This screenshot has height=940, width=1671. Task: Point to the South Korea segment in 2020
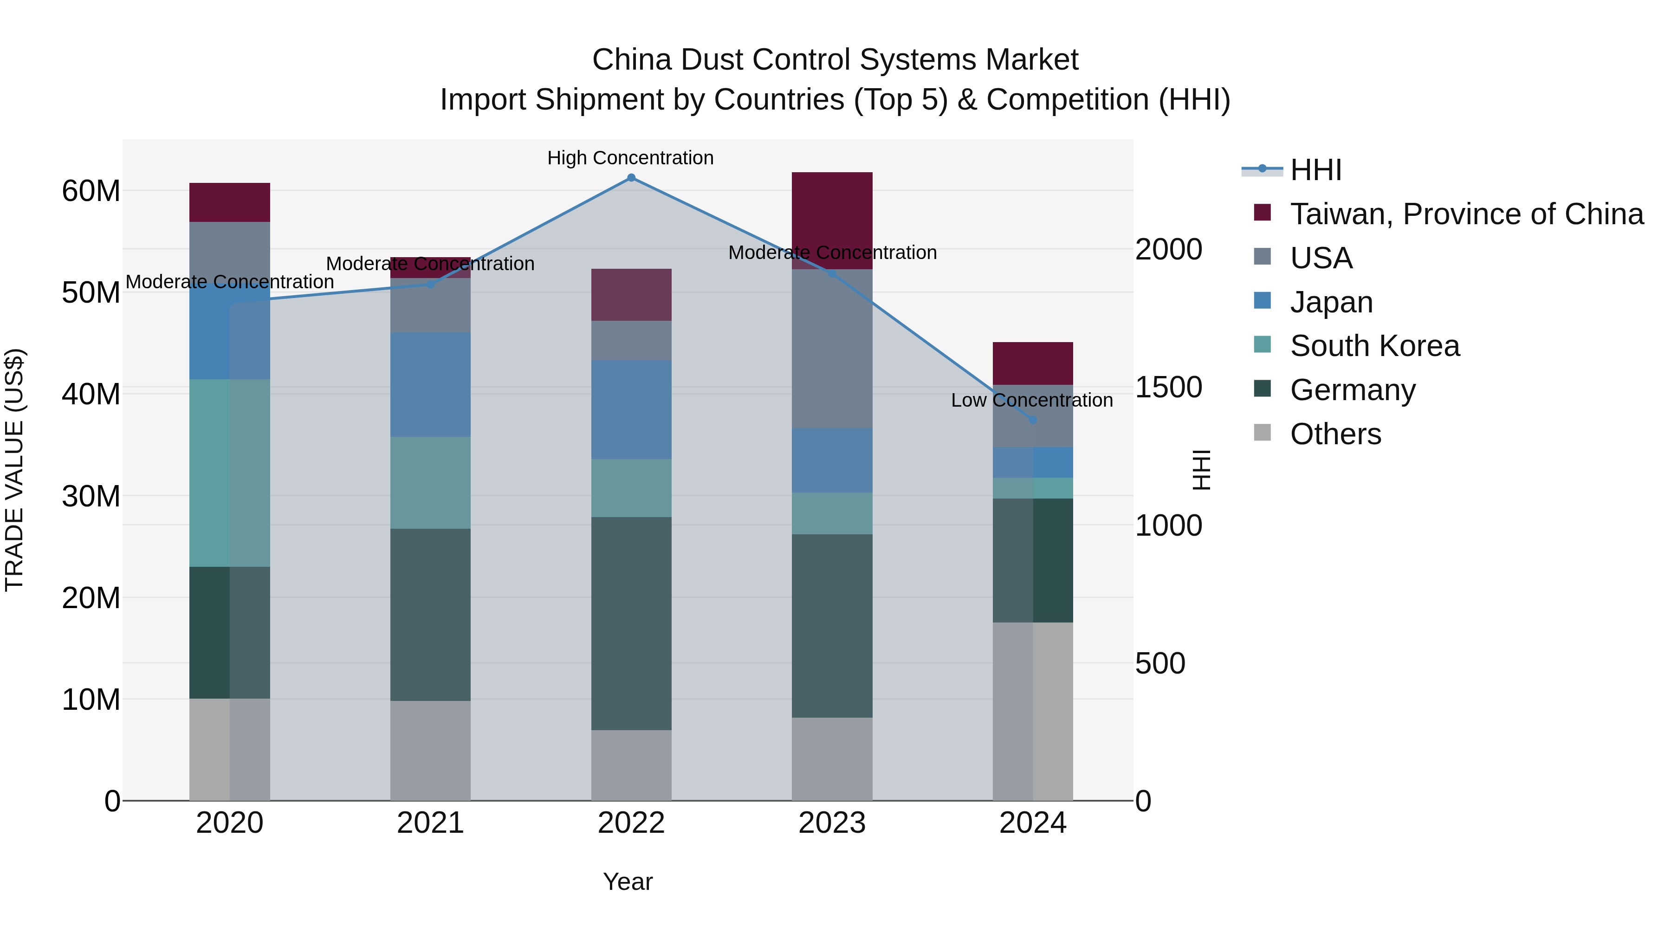(230, 473)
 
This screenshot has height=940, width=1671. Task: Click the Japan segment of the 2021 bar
(430, 385)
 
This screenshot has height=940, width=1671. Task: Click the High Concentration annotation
(630, 158)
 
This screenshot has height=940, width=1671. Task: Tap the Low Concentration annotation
(1031, 400)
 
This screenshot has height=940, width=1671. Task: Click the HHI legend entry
(1315, 170)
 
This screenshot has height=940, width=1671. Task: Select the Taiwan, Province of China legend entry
(1466, 214)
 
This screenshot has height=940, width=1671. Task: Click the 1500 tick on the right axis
(1168, 387)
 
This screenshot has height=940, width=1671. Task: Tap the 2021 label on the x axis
(430, 823)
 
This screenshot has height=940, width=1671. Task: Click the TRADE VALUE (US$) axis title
(14, 470)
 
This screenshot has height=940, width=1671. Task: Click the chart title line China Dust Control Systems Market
(835, 60)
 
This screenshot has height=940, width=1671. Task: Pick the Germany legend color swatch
(1263, 389)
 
